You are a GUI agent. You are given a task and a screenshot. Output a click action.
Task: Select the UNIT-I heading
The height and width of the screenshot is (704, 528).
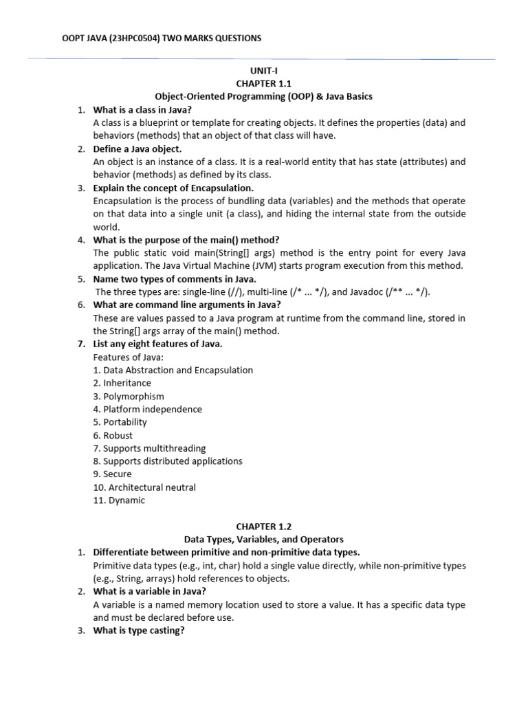[264, 70]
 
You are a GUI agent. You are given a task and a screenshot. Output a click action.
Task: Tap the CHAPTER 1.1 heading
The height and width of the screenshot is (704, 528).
[264, 83]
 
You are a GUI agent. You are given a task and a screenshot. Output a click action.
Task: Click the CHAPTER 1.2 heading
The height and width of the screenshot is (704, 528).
[264, 526]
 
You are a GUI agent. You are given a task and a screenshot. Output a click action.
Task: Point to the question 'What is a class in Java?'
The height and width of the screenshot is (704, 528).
[142, 109]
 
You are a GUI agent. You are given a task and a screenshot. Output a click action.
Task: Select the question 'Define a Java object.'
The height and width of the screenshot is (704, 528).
[137, 148]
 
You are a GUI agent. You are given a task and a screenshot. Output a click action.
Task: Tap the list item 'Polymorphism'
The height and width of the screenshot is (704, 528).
[129, 396]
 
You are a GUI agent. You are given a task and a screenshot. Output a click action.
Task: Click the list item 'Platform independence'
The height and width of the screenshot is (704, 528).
[147, 409]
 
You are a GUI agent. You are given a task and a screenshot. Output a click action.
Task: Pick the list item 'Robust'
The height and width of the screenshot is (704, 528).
[113, 435]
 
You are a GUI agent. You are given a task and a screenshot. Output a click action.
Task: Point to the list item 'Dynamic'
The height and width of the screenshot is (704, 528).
[118, 500]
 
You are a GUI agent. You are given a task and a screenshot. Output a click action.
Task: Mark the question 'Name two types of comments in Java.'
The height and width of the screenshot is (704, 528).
[175, 278]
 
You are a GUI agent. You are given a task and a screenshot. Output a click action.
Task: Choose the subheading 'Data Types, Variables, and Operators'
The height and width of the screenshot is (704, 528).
[264, 539]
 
